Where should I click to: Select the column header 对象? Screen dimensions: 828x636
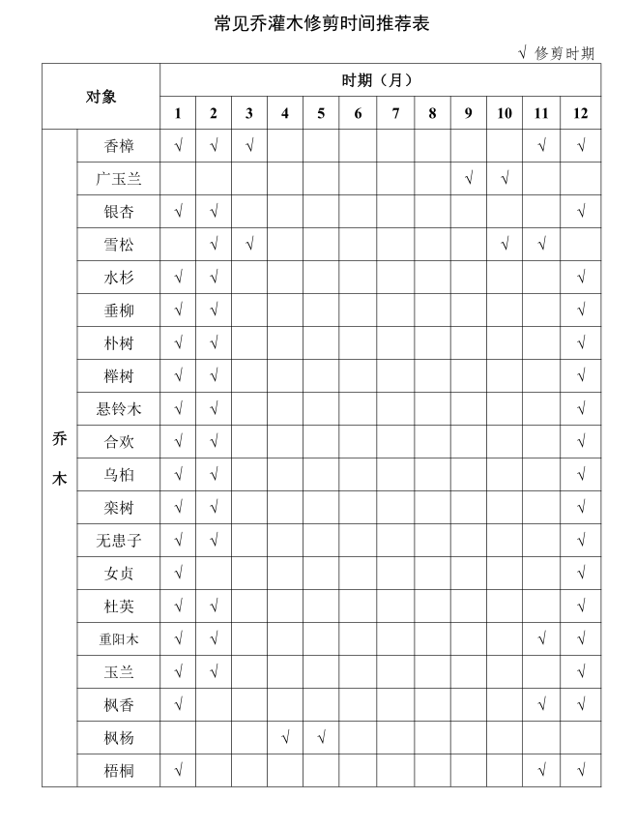pyautogui.click(x=101, y=97)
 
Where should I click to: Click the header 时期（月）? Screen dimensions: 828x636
pyautogui.click(x=380, y=79)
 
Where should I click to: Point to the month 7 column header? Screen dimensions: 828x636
pyautogui.click(x=395, y=113)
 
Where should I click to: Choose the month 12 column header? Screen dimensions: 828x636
pyautogui.click(x=580, y=113)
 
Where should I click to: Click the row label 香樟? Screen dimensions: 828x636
pyautogui.click(x=119, y=146)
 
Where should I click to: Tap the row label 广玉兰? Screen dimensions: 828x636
pyautogui.click(x=119, y=179)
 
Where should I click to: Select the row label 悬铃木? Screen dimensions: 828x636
pyautogui.click(x=119, y=409)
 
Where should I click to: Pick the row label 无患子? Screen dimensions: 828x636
pyautogui.click(x=119, y=541)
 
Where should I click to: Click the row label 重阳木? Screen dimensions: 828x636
pyautogui.click(x=119, y=639)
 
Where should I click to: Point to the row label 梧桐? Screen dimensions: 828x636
pyautogui.click(x=119, y=771)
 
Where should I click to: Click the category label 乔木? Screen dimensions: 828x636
pyautogui.click(x=59, y=458)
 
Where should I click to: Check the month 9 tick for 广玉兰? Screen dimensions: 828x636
pyautogui.click(x=468, y=179)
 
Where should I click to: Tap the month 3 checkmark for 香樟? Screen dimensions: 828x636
pyautogui.click(x=249, y=146)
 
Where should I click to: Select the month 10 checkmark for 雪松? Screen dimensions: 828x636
pyautogui.click(x=505, y=245)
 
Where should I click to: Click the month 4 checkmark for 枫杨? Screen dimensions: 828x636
pyautogui.click(x=285, y=738)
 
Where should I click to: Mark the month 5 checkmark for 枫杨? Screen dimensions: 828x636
pyautogui.click(x=321, y=738)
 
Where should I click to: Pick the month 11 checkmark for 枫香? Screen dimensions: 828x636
pyautogui.click(x=541, y=705)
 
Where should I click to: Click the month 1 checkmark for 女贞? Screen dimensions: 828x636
pyautogui.click(x=178, y=574)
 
